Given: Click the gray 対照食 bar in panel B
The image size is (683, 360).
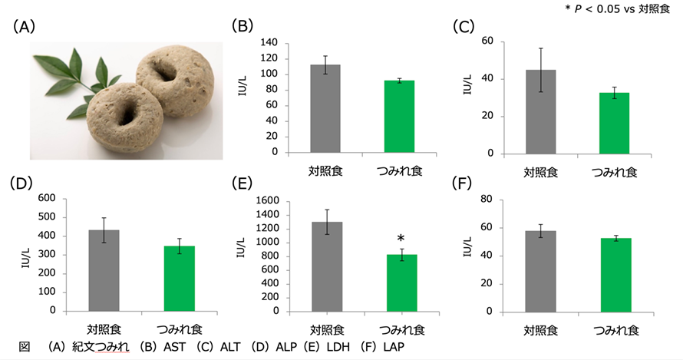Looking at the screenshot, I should tap(325, 108).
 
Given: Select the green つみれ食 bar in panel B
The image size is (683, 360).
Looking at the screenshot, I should tap(399, 116).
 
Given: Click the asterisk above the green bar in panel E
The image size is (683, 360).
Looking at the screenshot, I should tap(401, 240).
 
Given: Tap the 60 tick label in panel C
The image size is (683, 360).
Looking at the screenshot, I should tap(487, 41).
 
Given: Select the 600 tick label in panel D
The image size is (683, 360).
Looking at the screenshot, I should tap(46, 199).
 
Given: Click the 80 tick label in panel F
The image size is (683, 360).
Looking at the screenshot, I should tap(487, 200).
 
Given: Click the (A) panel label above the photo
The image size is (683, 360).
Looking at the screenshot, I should tap(25, 26).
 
